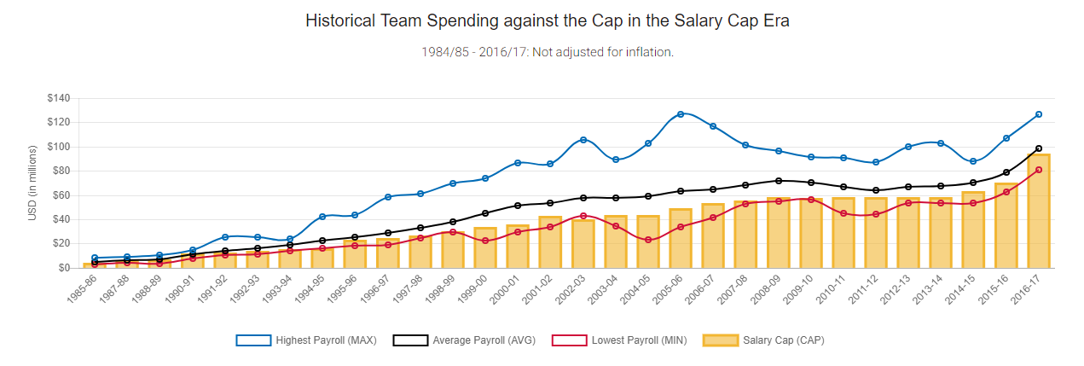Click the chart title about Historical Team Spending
pos(547,21)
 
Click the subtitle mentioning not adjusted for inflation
pos(547,52)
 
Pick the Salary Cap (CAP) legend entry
pos(763,340)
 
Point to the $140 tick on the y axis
pos(58,98)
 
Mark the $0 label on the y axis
pos(63,268)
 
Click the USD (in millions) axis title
pos(32,183)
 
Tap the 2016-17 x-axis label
pos(1028,290)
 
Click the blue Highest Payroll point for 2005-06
pos(681,113)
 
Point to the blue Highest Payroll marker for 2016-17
pos(1038,114)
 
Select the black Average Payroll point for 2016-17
pos(1038,148)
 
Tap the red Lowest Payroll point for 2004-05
pos(648,240)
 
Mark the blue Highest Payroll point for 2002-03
pos(583,139)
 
